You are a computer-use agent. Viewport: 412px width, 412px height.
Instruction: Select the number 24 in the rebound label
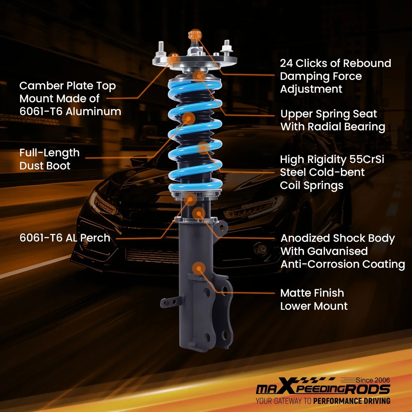pyautogui.click(x=287, y=63)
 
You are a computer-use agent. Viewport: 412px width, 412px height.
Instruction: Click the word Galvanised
pyautogui.click(x=338, y=251)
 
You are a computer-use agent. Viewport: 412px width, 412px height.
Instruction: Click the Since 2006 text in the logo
pyautogui.click(x=373, y=380)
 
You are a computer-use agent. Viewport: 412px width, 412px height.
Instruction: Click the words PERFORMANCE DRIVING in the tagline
pyautogui.click(x=352, y=401)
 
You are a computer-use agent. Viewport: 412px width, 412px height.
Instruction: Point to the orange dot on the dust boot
pyautogui.click(x=188, y=118)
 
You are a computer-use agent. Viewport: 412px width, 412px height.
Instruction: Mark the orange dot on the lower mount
pyautogui.click(x=199, y=268)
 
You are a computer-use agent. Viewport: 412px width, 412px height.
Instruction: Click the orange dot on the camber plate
pyautogui.click(x=174, y=59)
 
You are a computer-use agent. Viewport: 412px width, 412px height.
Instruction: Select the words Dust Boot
pyautogui.click(x=45, y=166)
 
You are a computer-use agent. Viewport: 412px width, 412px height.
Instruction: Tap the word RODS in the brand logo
pyautogui.click(x=367, y=389)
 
